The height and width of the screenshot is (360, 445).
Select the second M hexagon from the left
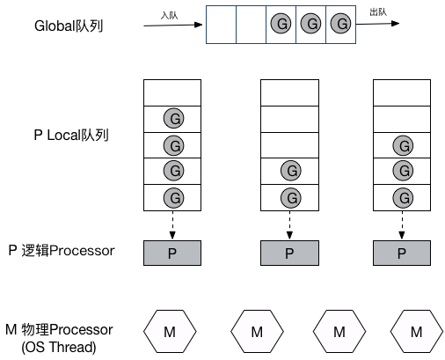point(257,332)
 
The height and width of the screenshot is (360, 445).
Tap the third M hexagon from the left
point(340,332)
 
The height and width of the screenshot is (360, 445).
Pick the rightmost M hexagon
point(417,332)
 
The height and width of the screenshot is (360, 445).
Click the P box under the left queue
point(172,253)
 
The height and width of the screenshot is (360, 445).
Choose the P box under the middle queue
point(289,253)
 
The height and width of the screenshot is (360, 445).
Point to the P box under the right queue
point(402,253)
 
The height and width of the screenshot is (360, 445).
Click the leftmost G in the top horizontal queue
point(281,25)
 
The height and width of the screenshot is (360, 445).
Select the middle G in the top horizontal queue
point(310,25)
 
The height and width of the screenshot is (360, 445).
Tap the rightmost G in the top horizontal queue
point(340,25)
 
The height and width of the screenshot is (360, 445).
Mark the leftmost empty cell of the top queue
point(222,25)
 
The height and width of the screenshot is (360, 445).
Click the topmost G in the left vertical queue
point(172,119)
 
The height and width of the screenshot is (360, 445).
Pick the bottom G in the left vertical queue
point(172,196)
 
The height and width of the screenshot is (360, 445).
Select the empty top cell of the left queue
point(172,92)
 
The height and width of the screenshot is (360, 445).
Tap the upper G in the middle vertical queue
point(289,171)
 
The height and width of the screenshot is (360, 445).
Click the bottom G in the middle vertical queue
point(289,196)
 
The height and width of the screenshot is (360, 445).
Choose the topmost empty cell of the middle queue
point(289,92)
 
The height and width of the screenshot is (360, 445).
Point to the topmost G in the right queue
point(402,145)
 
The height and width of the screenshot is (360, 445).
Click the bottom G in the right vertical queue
point(402,196)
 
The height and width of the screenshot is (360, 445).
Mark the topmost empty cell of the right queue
point(402,92)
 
